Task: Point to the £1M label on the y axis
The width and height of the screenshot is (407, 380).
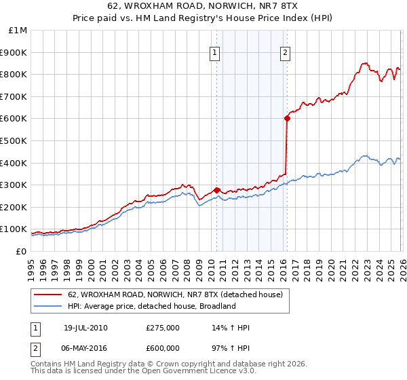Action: pos(18,30)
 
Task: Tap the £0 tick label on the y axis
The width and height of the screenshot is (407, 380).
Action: pos(22,251)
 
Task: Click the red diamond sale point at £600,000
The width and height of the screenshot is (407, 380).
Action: pos(287,118)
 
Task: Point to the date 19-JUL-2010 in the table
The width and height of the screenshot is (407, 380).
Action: pos(85,328)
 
